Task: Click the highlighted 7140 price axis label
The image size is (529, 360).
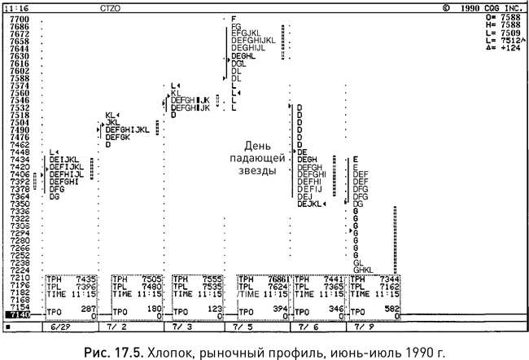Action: [x=19, y=314]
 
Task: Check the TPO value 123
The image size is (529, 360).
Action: [x=213, y=310]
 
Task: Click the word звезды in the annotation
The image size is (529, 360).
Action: [x=256, y=171]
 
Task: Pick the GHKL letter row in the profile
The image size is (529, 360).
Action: [x=363, y=270]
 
